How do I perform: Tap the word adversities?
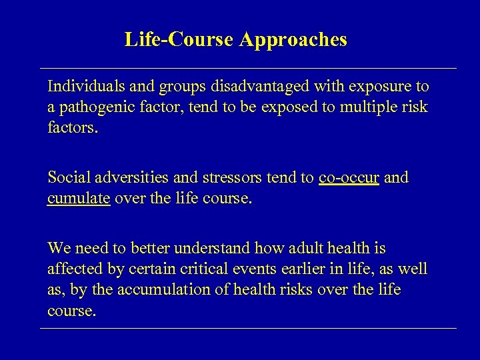click(125, 178)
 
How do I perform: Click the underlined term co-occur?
click(349, 178)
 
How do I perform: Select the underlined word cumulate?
click(79, 199)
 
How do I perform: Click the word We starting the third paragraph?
click(59, 249)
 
